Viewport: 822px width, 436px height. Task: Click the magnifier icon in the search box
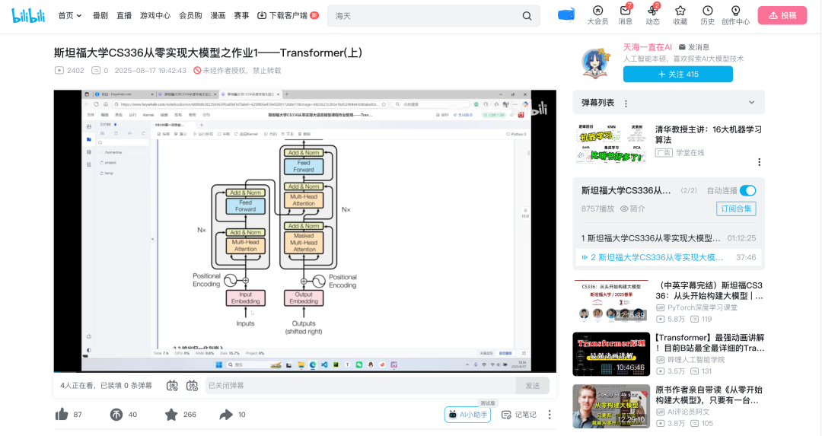(x=527, y=16)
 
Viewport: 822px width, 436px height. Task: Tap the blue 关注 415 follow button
(x=677, y=74)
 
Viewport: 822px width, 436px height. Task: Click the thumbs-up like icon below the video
(x=62, y=415)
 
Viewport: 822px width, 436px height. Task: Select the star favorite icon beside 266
(x=171, y=415)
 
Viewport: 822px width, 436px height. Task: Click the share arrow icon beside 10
(x=226, y=415)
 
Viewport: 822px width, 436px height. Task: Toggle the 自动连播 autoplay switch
(x=747, y=190)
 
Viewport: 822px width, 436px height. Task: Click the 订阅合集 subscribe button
(x=736, y=208)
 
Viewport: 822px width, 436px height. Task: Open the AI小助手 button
(x=468, y=415)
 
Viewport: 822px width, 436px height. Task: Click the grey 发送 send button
(x=532, y=386)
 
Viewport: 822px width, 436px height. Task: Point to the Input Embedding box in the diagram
(x=246, y=298)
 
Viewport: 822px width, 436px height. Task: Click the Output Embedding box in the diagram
(x=304, y=298)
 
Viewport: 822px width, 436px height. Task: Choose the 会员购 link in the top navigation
(x=190, y=15)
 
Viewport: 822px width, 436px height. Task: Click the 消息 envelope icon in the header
(x=625, y=11)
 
